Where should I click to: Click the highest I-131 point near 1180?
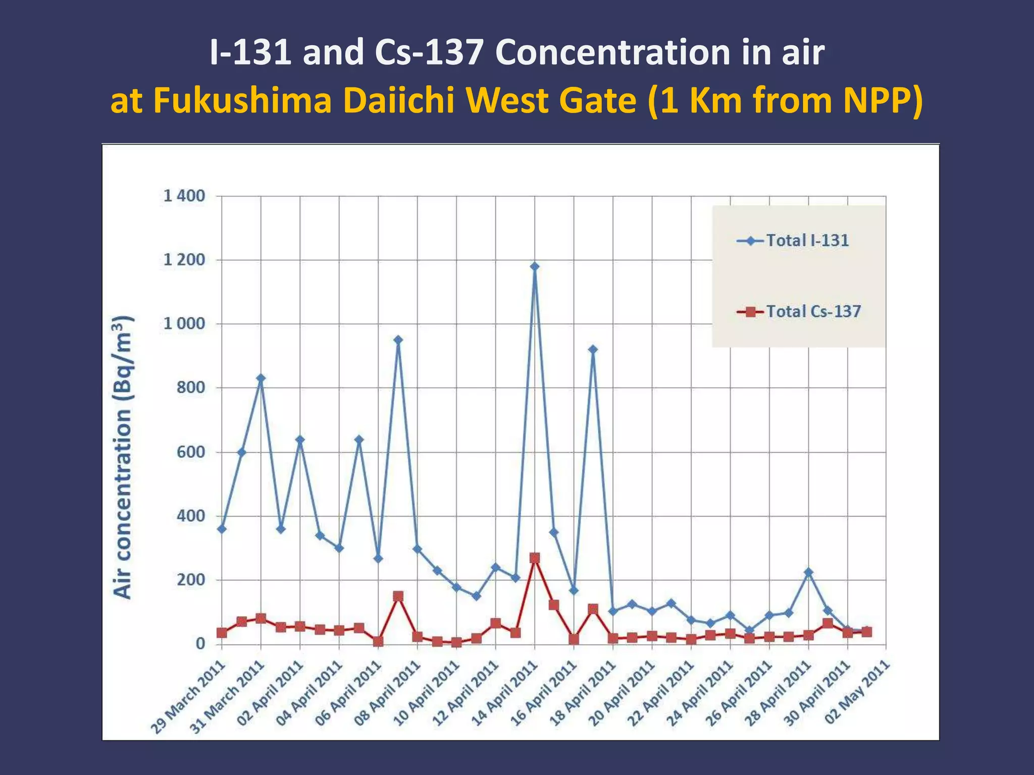[x=535, y=266]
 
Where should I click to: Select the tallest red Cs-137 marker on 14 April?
[x=535, y=558]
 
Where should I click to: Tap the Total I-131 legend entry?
[x=807, y=241]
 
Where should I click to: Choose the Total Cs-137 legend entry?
[x=813, y=311]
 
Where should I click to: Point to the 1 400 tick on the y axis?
[x=184, y=196]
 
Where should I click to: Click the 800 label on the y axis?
[x=190, y=387]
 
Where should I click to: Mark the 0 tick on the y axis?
[x=200, y=644]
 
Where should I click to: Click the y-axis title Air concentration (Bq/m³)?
[x=123, y=457]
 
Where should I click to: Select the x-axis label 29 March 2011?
[x=188, y=697]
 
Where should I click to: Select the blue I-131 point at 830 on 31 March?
[x=261, y=378]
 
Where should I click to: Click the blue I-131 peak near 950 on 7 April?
[x=398, y=340]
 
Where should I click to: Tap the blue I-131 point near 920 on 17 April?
[x=593, y=349]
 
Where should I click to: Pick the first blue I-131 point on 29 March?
[x=222, y=529]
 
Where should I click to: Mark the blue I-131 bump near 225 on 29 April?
[x=808, y=572]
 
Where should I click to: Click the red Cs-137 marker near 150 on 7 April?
[x=398, y=596]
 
